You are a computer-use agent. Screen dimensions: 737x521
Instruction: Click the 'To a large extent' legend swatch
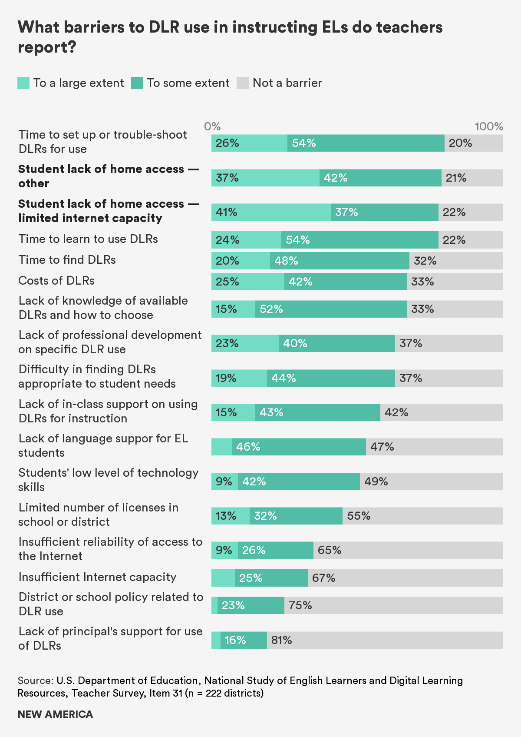point(23,83)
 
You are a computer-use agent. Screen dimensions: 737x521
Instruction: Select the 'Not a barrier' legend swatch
point(243,83)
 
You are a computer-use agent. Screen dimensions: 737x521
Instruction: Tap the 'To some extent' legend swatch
point(137,83)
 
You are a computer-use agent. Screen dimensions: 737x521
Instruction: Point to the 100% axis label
point(488,126)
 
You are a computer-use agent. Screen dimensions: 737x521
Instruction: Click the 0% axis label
point(212,126)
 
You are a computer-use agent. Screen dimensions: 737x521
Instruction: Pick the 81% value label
point(281,640)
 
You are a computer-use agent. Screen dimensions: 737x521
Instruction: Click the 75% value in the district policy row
point(300,605)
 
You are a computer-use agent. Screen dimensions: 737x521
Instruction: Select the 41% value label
point(227,212)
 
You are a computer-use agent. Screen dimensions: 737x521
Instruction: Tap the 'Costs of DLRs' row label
point(56,281)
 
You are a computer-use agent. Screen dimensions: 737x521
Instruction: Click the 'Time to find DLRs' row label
point(67,260)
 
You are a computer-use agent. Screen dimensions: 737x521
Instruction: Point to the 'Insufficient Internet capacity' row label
point(97,577)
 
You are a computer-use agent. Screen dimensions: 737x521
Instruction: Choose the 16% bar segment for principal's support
point(244,640)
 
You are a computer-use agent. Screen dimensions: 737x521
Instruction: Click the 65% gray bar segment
point(408,550)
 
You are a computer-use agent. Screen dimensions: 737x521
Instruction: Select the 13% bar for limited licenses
point(231,516)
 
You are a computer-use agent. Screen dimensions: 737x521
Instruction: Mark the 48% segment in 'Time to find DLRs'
point(340,261)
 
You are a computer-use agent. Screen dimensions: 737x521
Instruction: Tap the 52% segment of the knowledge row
point(331,309)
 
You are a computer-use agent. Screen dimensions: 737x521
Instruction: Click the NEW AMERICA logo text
point(55,714)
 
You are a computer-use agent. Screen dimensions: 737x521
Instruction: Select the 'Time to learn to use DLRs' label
point(88,239)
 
